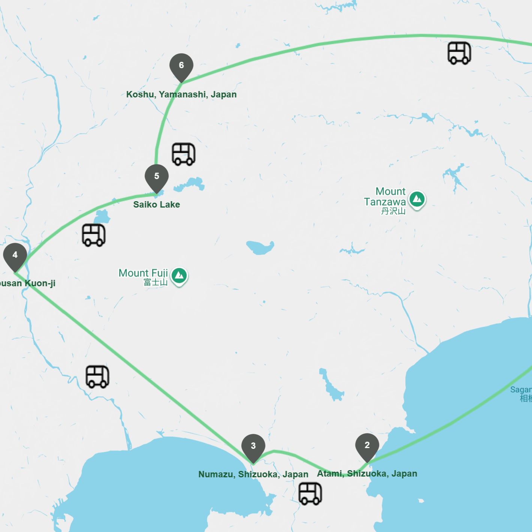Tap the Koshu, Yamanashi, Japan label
181,94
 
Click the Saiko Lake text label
157,205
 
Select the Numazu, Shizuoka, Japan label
253,474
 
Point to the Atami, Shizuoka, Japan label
367,474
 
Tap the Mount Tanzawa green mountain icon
417,199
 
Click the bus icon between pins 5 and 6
184,154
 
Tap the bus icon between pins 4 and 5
94,235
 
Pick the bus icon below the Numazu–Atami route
310,493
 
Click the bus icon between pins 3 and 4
97,376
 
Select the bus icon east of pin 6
459,53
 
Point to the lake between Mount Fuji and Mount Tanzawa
260,247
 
